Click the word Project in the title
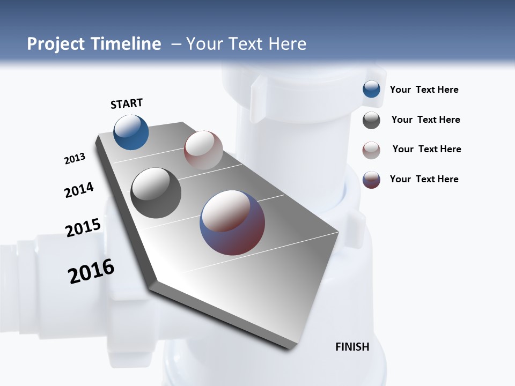56,44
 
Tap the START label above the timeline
127,103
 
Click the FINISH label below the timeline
352,347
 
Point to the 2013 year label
75,159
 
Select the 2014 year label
79,190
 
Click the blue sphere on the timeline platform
131,132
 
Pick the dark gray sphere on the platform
156,193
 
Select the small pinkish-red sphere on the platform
203,150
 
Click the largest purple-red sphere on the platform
232,222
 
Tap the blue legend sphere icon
371,89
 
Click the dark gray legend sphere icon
371,120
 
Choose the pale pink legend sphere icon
371,150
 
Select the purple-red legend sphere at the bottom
371,180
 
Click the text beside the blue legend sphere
424,90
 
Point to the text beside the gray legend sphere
425,120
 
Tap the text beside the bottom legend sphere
424,179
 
